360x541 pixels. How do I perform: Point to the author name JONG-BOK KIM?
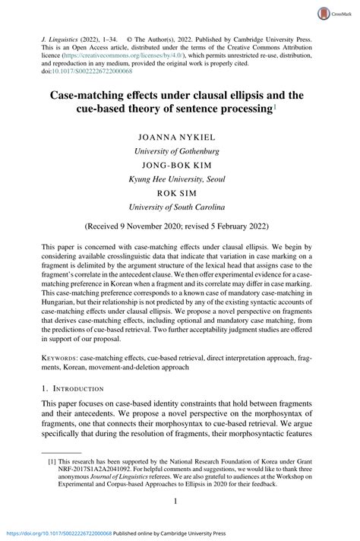(179, 164)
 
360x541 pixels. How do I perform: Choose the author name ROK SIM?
(179, 192)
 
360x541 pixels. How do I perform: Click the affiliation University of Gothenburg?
(179, 151)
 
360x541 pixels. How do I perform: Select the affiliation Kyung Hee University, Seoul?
(179, 179)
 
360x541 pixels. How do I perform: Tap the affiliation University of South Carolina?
(179, 206)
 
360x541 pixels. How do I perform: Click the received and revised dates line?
(179, 226)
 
